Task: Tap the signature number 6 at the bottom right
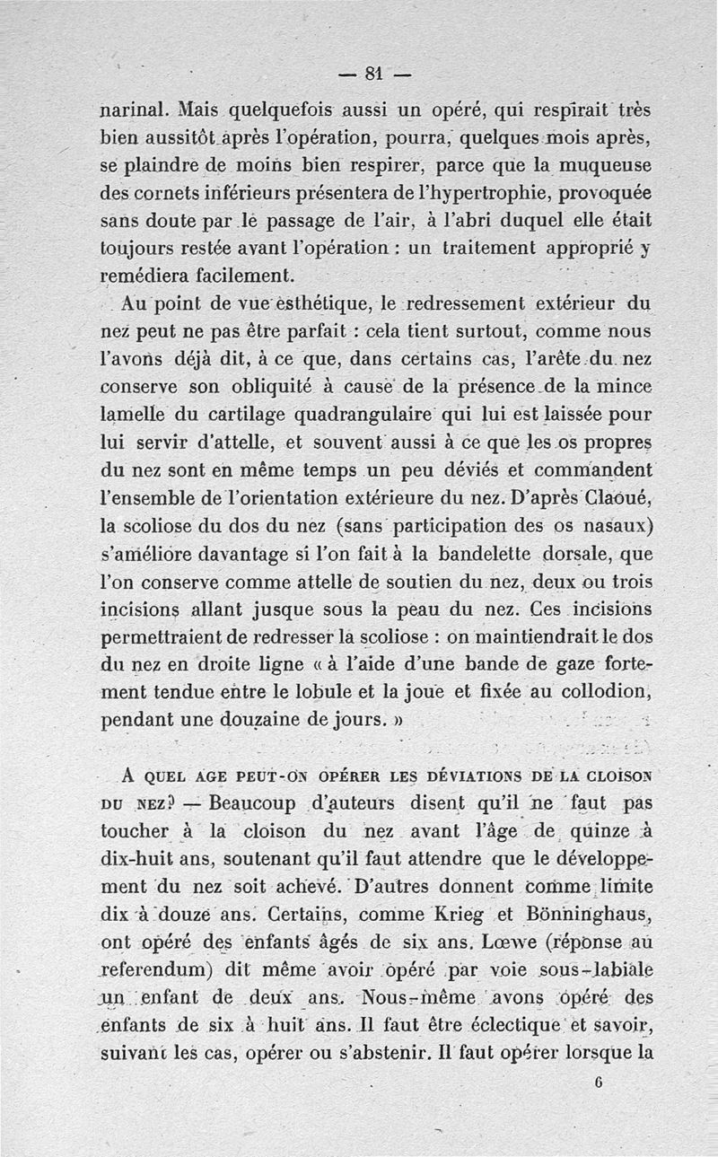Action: [x=598, y=1082]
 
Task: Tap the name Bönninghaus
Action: [x=584, y=914]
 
